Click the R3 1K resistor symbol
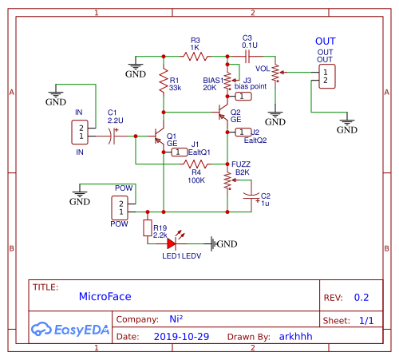pyautogui.click(x=195, y=56)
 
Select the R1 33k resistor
pyautogui.click(x=164, y=83)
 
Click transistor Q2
pyautogui.click(x=225, y=113)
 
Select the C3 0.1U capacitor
pyautogui.click(x=247, y=56)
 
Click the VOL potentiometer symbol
pyautogui.click(x=275, y=73)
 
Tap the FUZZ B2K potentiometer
pyautogui.click(x=227, y=182)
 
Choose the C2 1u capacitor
pyautogui.click(x=251, y=196)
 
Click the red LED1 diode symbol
pyautogui.click(x=172, y=243)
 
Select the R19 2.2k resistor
pyautogui.click(x=147, y=230)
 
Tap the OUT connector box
pyautogui.click(x=326, y=76)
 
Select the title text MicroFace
pyautogui.click(x=105, y=296)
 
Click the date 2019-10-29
pyautogui.click(x=181, y=337)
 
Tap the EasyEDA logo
pyautogui.click(x=69, y=328)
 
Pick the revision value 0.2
pyautogui.click(x=361, y=297)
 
